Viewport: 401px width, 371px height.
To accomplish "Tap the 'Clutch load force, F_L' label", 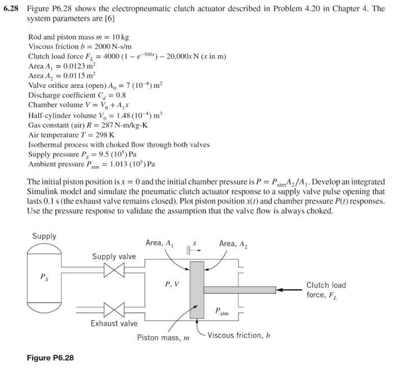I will pos(326,290).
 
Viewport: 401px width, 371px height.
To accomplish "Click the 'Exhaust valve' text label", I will pos(114,323).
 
